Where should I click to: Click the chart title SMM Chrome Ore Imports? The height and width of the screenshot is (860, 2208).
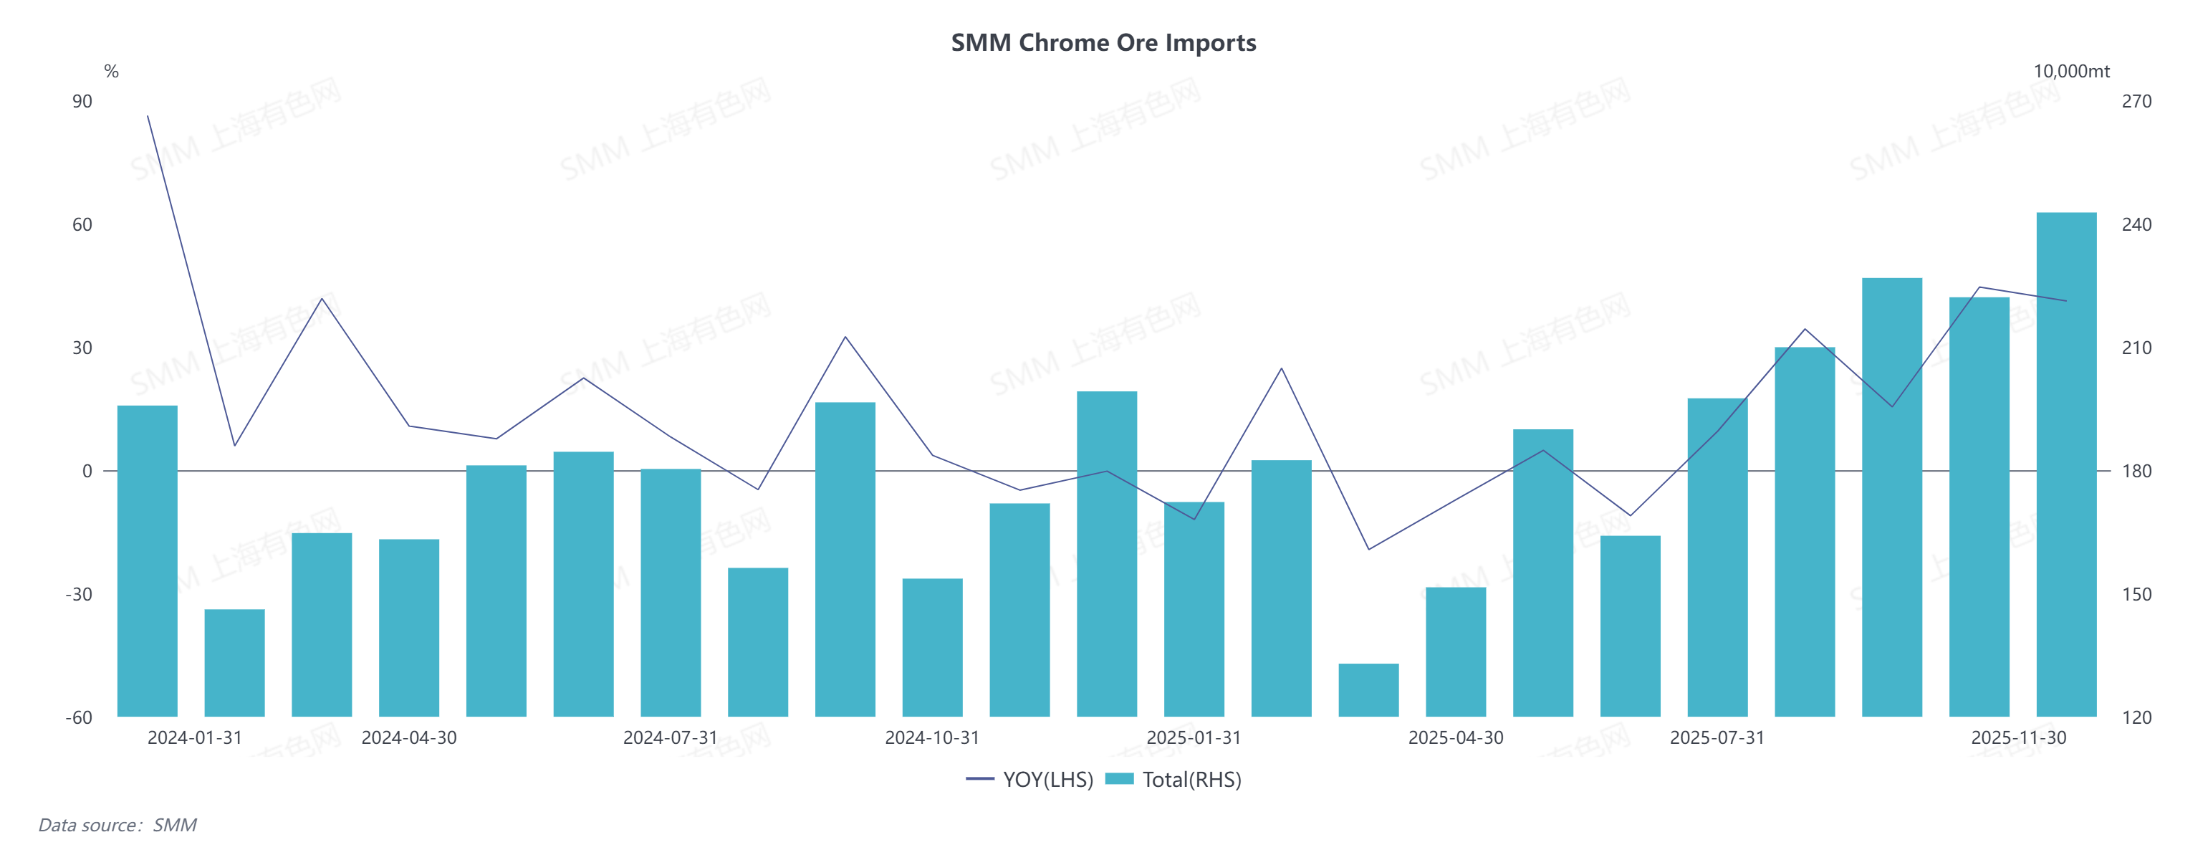click(1103, 43)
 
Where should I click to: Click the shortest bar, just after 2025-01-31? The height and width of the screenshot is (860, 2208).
click(1368, 689)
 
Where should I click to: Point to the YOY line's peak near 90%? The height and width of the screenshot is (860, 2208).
click(148, 117)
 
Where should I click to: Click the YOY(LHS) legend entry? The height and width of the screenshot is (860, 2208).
click(1029, 780)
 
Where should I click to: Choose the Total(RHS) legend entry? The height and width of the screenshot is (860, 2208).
click(1173, 780)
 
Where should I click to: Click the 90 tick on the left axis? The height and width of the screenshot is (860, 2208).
click(82, 101)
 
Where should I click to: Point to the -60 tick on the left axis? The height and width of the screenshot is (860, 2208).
click(79, 717)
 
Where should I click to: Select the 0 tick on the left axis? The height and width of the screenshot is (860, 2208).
click(87, 471)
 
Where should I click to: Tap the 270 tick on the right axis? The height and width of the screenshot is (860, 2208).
click(2136, 101)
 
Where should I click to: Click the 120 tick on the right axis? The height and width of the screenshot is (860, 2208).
click(2136, 717)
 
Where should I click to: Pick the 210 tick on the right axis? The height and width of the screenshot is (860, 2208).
click(2136, 348)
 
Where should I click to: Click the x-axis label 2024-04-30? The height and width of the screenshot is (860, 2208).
click(409, 738)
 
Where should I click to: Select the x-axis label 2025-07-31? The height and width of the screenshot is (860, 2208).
click(1717, 738)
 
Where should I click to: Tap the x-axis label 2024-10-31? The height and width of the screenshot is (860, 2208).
click(932, 738)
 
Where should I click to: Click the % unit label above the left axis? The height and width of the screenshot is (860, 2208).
click(112, 71)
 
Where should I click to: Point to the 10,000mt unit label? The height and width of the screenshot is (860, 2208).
click(2071, 71)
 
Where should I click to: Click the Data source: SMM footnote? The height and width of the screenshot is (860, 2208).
click(117, 825)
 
